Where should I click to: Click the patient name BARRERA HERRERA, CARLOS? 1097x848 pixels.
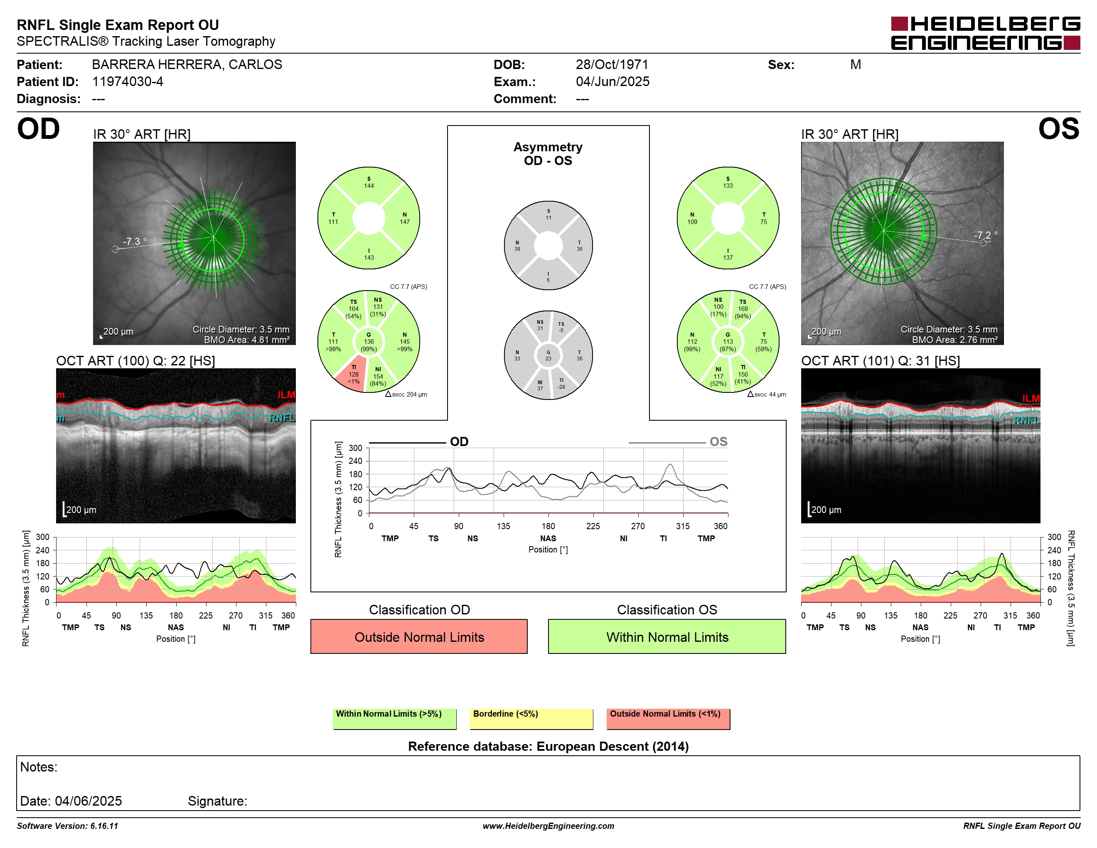pos(187,65)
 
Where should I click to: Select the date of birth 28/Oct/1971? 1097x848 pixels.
pos(612,65)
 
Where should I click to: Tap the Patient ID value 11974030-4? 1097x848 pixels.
pos(128,82)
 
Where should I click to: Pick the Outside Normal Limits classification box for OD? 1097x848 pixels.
pos(419,636)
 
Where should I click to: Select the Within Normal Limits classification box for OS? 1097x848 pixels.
pos(667,636)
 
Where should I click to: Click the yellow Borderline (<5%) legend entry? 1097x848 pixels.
pos(531,718)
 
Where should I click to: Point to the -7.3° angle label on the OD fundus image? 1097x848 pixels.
pos(135,241)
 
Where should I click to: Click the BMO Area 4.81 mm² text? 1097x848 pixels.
pos(247,340)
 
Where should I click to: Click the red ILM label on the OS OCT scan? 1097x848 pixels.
pos(1031,398)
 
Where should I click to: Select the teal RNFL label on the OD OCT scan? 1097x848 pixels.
pos(282,418)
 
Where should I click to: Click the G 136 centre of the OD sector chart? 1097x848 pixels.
pos(369,342)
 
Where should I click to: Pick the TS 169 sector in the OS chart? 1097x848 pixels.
pos(743,309)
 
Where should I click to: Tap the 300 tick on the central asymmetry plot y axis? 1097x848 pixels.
pos(355,448)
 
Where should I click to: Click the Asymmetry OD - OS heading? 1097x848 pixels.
pos(548,154)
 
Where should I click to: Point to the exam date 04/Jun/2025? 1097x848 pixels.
pos(612,82)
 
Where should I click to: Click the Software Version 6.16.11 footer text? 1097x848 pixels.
pos(67,826)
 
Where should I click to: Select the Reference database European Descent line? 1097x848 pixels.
pos(548,747)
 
